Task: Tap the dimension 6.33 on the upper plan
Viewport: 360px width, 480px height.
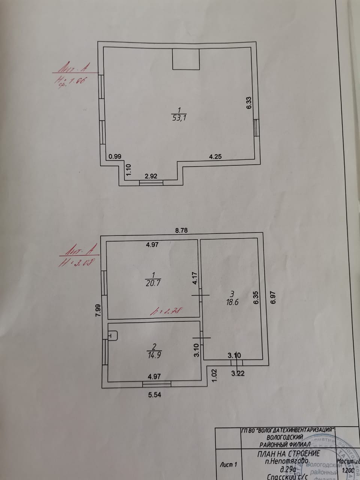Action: click(x=249, y=103)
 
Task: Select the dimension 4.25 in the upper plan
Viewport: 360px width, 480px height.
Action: click(x=216, y=157)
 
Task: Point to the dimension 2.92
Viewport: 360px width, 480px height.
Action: click(x=151, y=175)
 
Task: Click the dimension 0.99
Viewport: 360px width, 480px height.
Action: click(x=115, y=157)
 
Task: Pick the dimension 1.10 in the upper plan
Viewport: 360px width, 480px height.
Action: click(x=129, y=171)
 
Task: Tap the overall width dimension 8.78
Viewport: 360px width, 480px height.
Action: click(x=181, y=231)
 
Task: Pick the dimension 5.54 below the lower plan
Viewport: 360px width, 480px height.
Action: click(x=154, y=394)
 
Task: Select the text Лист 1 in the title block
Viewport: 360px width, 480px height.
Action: click(x=228, y=465)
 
